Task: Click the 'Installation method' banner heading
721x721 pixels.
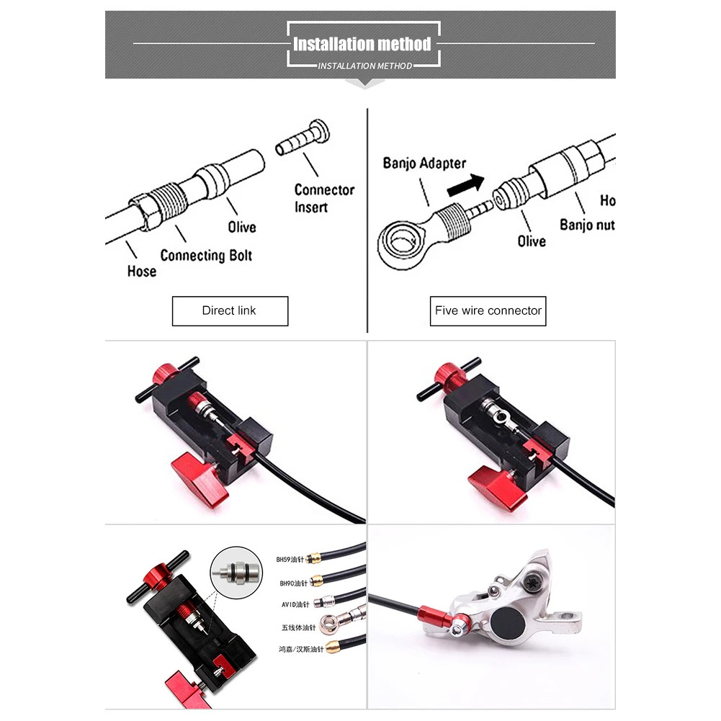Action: pos(362,44)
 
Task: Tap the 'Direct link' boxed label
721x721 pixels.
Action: pos(229,310)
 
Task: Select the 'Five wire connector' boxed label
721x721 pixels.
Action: pos(488,310)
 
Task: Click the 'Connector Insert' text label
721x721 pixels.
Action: pos(324,198)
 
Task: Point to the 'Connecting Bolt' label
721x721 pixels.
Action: pos(206,255)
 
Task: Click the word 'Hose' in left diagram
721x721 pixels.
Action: pos(141,271)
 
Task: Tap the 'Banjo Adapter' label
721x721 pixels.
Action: pos(424,163)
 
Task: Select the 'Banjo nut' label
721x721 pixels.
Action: pos(587,224)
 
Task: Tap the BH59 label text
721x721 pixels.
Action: pos(292,559)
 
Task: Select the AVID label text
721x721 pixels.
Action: pos(295,605)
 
